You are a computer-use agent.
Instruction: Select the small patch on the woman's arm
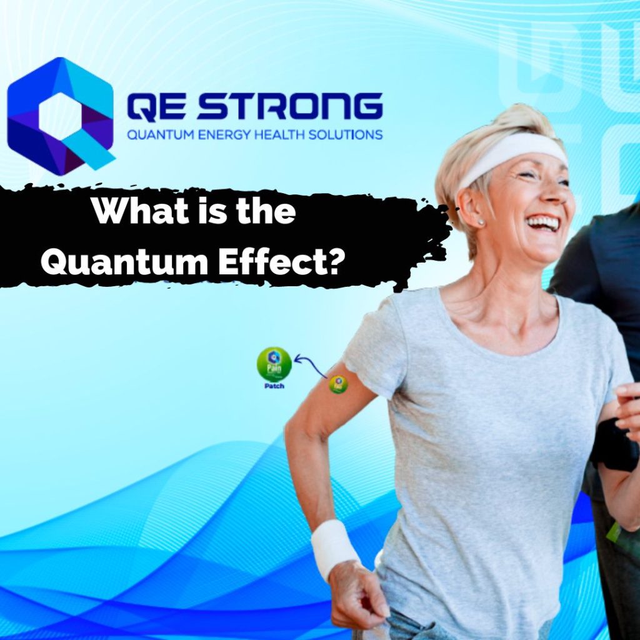coord(338,384)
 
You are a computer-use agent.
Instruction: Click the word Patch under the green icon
coord(274,386)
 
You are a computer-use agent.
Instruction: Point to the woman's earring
coord(481,222)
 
